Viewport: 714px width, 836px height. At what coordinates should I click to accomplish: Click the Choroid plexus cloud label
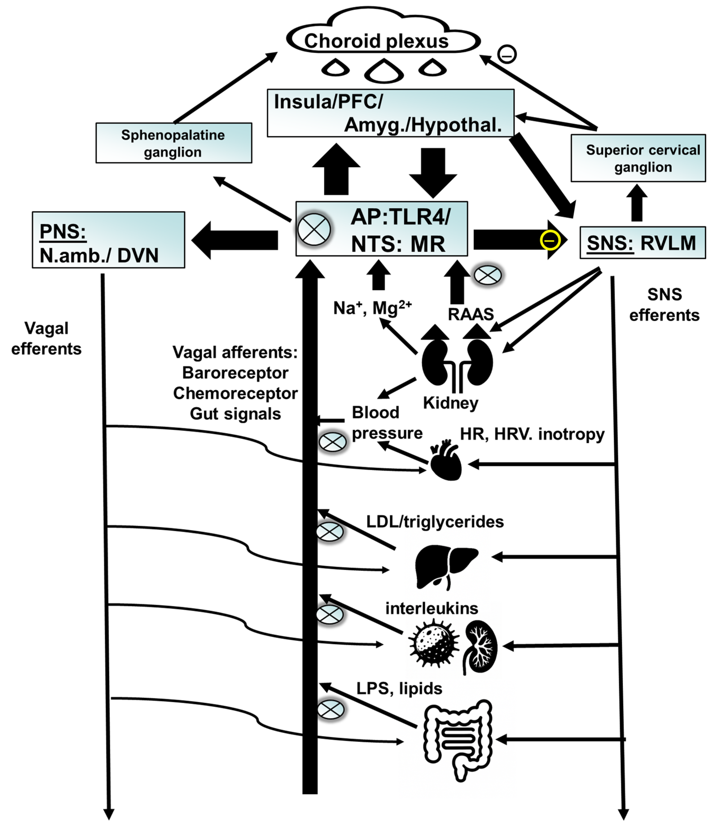point(376,41)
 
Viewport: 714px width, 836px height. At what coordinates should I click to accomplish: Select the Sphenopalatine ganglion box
point(174,143)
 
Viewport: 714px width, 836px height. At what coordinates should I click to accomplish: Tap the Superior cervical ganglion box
point(638,158)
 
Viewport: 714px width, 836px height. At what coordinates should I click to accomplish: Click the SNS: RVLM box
point(642,243)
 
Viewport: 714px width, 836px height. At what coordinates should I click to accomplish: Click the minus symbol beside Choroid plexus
point(507,54)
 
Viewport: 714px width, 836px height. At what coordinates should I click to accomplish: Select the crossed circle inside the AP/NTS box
point(314,229)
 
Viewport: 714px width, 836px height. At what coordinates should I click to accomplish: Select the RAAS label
point(471,314)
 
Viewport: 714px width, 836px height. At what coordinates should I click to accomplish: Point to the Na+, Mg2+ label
point(372,308)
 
